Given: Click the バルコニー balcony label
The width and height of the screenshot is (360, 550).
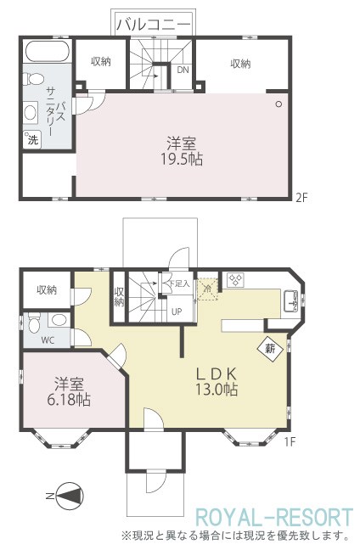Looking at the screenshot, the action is pyautogui.click(x=154, y=24).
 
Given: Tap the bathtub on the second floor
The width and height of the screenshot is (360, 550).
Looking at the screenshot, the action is pyautogui.click(x=48, y=52).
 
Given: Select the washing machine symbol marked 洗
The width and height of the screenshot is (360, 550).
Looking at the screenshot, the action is pyautogui.click(x=32, y=139).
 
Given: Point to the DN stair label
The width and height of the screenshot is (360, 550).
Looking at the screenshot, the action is pyautogui.click(x=183, y=70).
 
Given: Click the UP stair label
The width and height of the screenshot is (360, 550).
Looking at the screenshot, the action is pyautogui.click(x=177, y=311).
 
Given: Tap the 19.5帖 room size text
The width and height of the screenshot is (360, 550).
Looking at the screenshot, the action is pyautogui.click(x=182, y=160).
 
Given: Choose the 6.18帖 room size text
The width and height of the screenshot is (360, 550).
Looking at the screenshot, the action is pyautogui.click(x=69, y=400).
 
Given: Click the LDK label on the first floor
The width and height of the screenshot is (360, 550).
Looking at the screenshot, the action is pyautogui.click(x=217, y=374).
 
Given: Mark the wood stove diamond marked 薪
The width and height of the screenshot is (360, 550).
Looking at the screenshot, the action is pyautogui.click(x=270, y=349).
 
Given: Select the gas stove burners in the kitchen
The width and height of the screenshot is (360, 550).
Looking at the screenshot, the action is pyautogui.click(x=235, y=280).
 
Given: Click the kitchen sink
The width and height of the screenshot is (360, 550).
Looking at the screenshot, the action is pyautogui.click(x=290, y=301).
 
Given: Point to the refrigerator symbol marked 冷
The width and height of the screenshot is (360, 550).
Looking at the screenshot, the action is pyautogui.click(x=208, y=289).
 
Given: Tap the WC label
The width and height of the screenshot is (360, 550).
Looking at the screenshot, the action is pyautogui.click(x=48, y=340).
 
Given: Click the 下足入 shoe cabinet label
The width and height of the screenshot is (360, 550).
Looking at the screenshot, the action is pyautogui.click(x=179, y=283).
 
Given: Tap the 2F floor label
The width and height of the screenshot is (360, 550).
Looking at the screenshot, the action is pyautogui.click(x=301, y=198).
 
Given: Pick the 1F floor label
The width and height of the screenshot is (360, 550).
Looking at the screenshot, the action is pyautogui.click(x=290, y=441).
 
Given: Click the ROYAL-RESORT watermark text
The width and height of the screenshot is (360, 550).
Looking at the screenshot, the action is pyautogui.click(x=273, y=518).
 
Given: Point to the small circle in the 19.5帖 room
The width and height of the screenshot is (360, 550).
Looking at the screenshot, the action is pyautogui.click(x=279, y=104).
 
